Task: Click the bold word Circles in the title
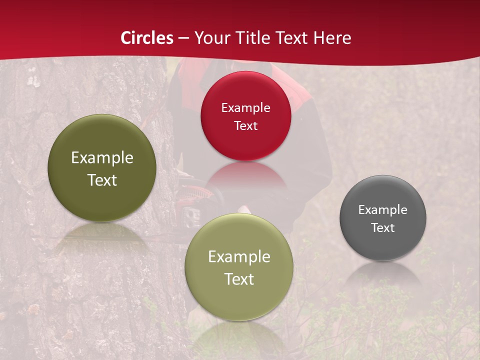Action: click(x=146, y=37)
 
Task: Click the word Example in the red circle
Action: click(x=245, y=107)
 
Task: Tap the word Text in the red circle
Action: click(x=245, y=125)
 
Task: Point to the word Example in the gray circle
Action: click(x=383, y=209)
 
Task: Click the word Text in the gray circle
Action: click(x=383, y=227)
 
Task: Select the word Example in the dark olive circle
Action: click(x=102, y=158)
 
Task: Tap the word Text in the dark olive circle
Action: click(x=102, y=180)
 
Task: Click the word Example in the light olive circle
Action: click(x=239, y=257)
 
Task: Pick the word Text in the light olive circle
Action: click(x=239, y=279)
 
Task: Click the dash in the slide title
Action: click(x=183, y=37)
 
